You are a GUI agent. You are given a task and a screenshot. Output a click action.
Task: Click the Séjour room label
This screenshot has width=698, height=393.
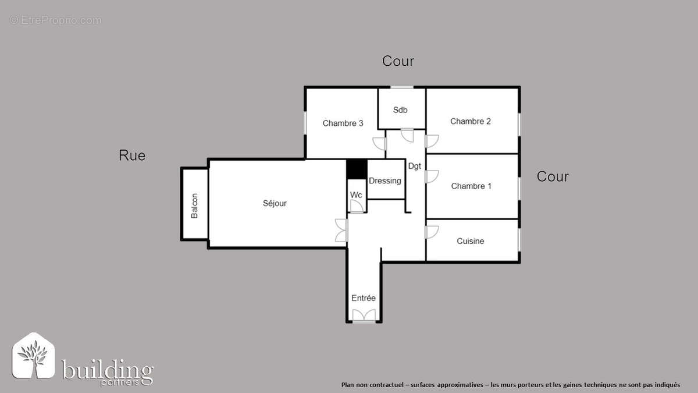point(275,203)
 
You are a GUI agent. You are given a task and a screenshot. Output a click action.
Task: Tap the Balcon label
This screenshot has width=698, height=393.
point(195,206)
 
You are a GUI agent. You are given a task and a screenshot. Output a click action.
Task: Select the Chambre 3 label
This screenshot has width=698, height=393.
point(343,123)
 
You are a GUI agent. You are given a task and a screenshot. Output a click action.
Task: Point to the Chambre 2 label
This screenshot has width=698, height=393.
point(471,121)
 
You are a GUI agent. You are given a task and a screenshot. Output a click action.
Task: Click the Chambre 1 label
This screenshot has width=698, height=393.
point(471,186)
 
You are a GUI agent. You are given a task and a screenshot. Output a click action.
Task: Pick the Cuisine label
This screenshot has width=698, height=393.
point(470,241)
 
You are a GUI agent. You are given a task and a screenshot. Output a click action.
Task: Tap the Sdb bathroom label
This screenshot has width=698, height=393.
point(400,109)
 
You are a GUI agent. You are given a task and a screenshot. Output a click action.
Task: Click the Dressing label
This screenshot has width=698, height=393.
point(384,180)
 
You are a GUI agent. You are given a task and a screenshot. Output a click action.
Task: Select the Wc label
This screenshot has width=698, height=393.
point(356,194)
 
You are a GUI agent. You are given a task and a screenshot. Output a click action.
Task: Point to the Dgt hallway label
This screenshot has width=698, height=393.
point(414,166)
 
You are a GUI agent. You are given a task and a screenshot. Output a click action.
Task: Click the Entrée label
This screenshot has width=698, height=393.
point(364,298)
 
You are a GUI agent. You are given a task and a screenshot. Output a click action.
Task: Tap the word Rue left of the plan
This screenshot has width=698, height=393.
point(132,155)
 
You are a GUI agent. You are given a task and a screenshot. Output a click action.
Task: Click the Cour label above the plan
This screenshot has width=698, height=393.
point(398,61)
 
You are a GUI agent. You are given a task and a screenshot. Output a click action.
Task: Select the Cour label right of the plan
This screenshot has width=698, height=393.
point(553,176)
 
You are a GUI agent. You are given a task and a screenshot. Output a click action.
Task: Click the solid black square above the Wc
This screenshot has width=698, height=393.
point(357,169)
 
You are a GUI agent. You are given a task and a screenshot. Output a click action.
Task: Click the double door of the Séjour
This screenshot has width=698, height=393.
point(341,230)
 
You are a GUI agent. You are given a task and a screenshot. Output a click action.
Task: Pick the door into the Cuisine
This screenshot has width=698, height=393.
point(431,231)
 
